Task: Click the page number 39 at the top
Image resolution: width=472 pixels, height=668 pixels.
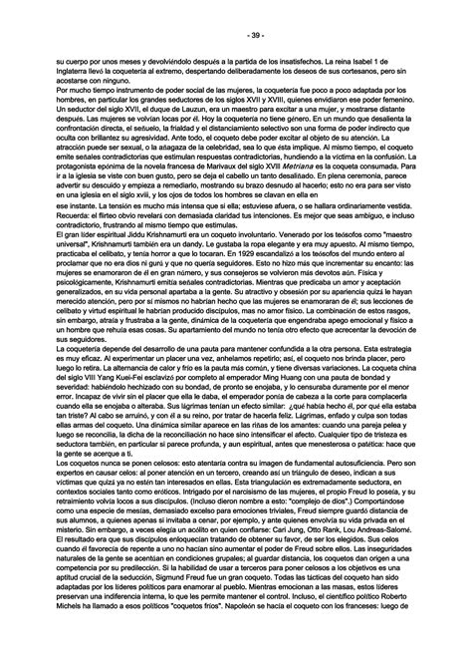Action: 235,36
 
